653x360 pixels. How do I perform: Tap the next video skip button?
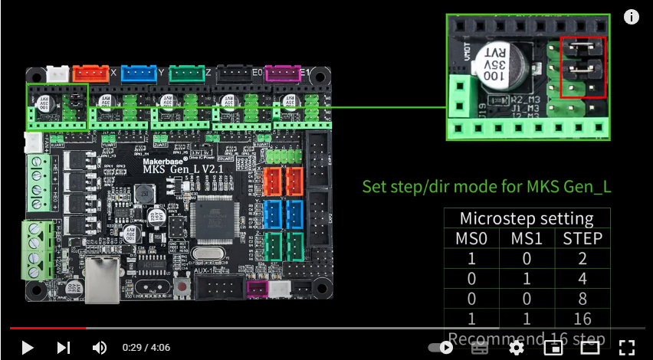[x=64, y=348]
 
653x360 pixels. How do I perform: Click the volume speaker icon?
[x=100, y=348]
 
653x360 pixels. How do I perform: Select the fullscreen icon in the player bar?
[x=626, y=348]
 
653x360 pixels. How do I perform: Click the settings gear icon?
[x=516, y=348]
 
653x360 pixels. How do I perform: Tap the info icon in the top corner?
[x=632, y=18]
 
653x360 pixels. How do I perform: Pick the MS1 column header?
[x=527, y=238]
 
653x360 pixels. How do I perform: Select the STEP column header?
[x=582, y=238]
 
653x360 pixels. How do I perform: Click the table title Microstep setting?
[x=527, y=218]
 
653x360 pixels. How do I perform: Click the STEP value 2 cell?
[x=582, y=259]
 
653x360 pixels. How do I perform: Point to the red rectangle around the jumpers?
[x=583, y=67]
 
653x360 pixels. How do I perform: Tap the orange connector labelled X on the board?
[x=91, y=74]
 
